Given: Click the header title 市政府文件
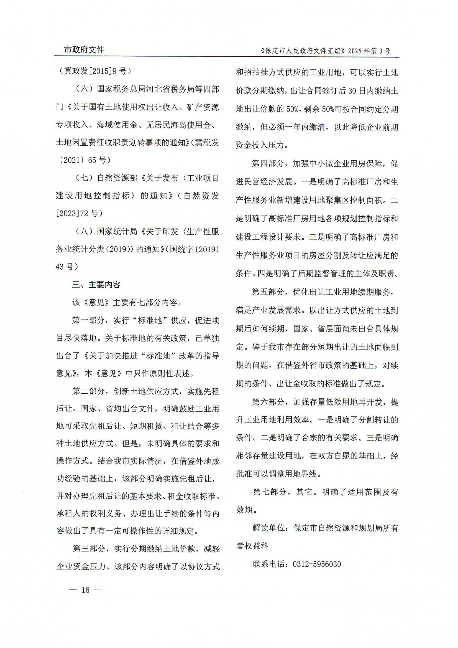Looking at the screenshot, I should [84, 50].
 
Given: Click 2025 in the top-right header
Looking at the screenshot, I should [355, 51].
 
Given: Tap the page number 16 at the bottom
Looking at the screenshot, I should [85, 590].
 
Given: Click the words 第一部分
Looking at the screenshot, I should [88, 320].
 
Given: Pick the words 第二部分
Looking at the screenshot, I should [88, 391].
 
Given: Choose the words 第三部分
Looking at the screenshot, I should [89, 549].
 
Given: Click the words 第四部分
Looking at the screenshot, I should [268, 163].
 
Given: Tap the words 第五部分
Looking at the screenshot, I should [268, 292].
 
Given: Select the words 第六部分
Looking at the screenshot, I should [268, 402].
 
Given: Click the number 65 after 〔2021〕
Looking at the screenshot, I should [92, 160].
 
